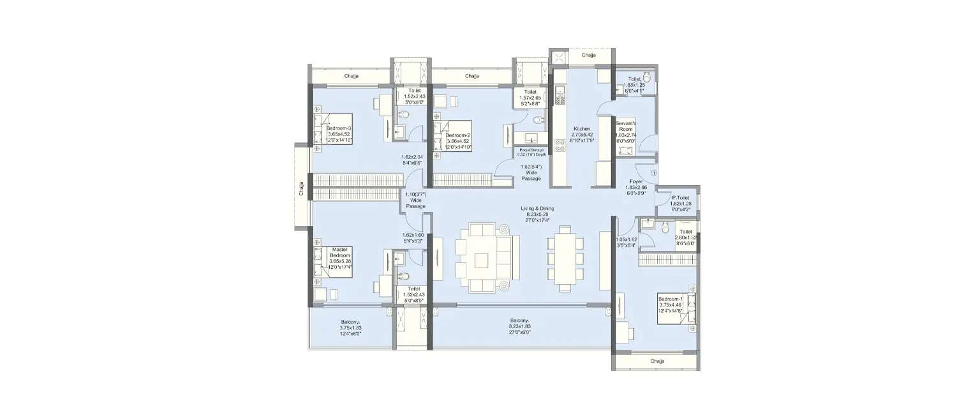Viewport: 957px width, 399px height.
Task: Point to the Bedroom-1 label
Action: tap(673, 305)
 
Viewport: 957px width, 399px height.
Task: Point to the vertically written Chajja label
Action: tap(301, 189)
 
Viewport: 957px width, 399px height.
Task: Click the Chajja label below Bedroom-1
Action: tap(657, 361)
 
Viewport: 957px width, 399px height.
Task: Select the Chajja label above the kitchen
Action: tap(589, 56)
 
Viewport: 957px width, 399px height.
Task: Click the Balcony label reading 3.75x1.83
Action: tap(350, 327)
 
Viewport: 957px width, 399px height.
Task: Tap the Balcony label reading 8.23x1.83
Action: tap(520, 326)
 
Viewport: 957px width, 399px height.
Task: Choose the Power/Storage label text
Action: tap(531, 152)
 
